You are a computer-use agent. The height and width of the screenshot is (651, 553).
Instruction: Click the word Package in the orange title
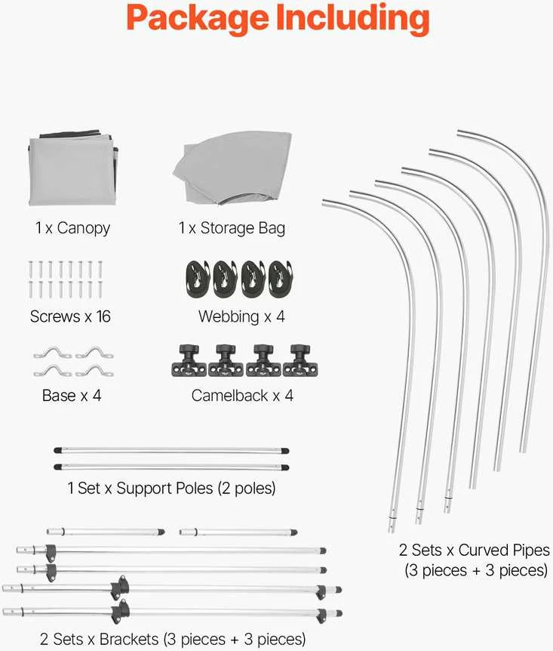pos(198,18)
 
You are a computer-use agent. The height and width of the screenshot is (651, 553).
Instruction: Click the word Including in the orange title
pos(352,17)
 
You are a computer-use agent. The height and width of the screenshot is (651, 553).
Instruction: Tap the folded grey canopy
pos(72,168)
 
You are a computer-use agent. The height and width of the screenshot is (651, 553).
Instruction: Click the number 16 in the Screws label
pos(103,316)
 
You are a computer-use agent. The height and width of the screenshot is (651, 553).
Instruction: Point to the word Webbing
pos(229,316)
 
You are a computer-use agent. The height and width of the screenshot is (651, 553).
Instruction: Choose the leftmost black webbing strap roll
pos(198,279)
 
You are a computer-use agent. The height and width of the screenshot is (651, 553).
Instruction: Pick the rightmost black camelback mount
pos(300,360)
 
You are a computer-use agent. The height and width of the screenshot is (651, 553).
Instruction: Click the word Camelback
pos(229,395)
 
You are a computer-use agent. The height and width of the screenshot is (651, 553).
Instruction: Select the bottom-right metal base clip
pos(94,371)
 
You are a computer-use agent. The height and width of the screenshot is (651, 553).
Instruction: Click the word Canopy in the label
pos(84,228)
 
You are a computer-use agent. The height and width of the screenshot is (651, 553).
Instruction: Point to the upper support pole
pos(171,450)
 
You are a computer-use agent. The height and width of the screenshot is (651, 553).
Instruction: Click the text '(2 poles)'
pos(247,488)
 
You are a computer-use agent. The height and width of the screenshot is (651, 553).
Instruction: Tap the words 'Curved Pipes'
pos(504,551)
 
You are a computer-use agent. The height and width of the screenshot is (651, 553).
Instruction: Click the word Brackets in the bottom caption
pos(129,639)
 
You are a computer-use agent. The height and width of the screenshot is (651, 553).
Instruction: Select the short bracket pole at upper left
pos(106,532)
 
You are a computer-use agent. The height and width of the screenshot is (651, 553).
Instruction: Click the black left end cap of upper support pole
pos(58,450)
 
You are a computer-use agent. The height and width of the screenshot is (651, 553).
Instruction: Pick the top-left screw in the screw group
pos(31,269)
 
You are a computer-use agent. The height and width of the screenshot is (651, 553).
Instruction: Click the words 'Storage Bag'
pos(243,228)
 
